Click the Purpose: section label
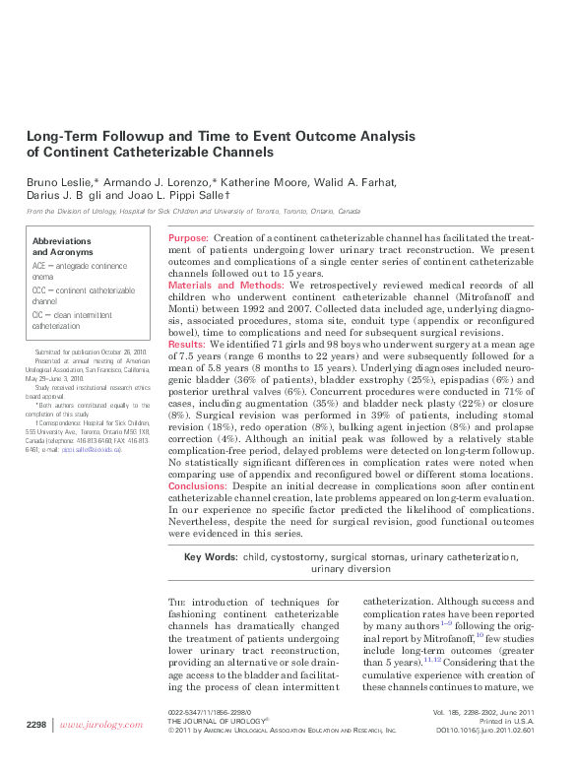(x=188, y=239)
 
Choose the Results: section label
(x=187, y=346)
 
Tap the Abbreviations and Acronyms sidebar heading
(x=62, y=246)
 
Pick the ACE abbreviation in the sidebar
(x=39, y=267)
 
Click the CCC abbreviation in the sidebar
(x=40, y=290)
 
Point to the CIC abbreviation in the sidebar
(x=39, y=314)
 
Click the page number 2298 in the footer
(x=36, y=725)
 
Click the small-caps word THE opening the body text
(x=177, y=603)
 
